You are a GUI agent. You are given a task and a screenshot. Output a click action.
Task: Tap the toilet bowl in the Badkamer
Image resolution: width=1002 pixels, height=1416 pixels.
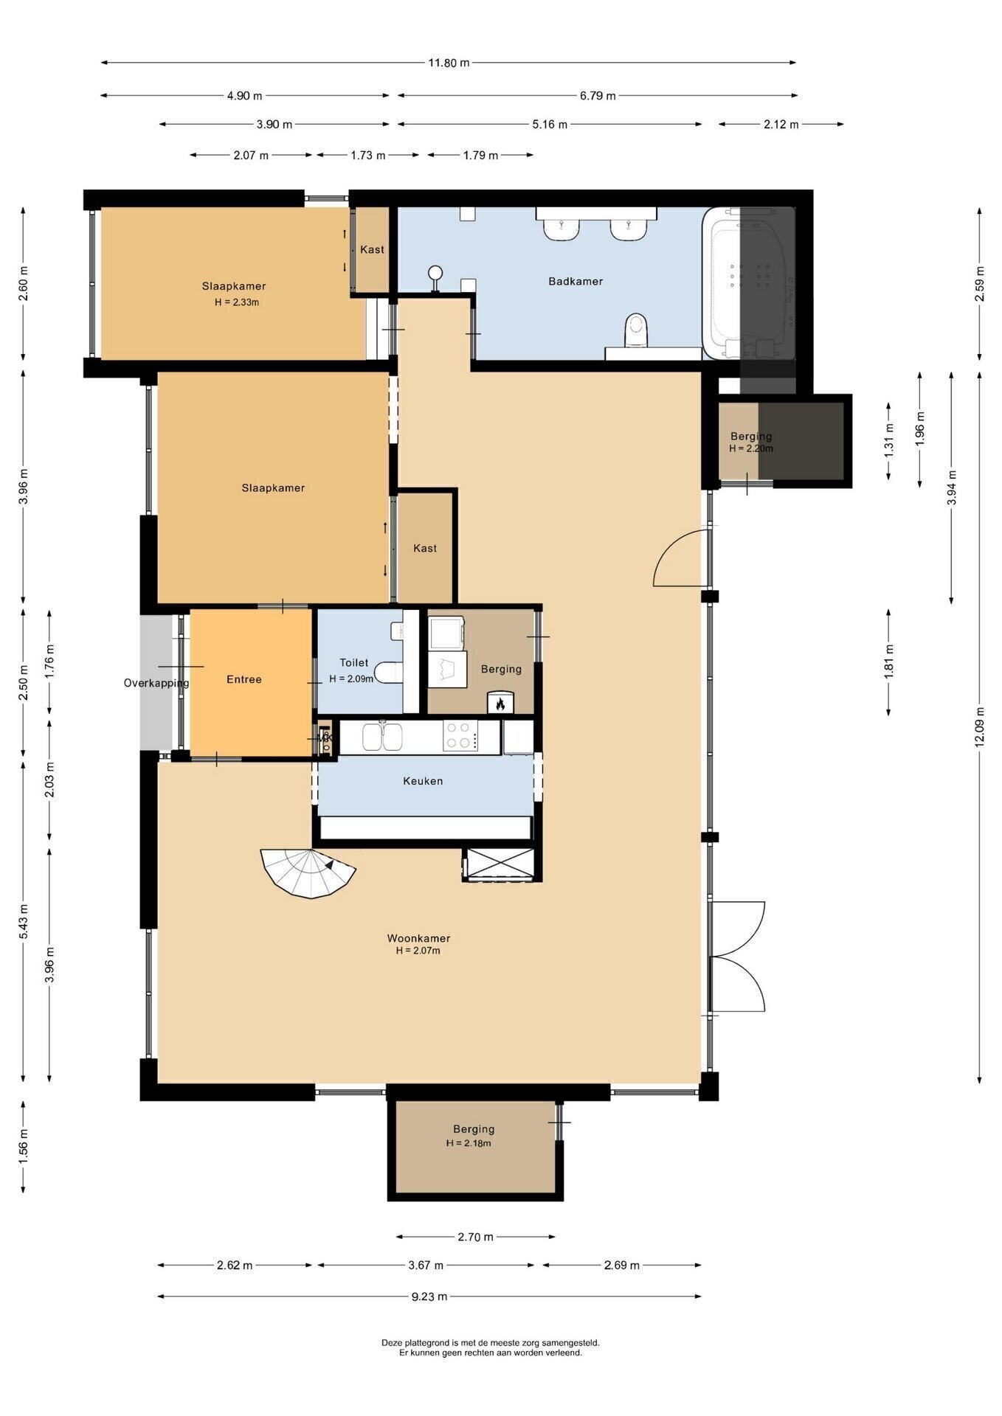(635, 331)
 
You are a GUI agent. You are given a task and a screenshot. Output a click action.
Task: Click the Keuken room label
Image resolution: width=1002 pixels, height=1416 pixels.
(423, 781)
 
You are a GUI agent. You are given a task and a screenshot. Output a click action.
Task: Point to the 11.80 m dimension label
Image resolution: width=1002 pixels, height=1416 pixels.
(449, 63)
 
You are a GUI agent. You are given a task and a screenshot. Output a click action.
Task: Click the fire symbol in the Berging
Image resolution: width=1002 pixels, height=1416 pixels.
(500, 704)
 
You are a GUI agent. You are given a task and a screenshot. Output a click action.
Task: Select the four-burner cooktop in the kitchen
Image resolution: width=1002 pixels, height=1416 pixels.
(460, 735)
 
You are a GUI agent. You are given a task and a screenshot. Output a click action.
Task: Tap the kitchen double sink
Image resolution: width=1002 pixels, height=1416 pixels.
(381, 736)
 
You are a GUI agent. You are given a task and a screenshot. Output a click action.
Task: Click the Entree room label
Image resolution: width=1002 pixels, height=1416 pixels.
(244, 679)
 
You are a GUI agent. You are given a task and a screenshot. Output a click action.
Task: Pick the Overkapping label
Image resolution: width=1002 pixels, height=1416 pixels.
(156, 683)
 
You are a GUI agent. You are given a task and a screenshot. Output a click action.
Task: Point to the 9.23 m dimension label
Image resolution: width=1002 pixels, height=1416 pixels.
(429, 1296)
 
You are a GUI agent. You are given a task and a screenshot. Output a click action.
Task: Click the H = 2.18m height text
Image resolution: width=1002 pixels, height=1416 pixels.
(469, 1143)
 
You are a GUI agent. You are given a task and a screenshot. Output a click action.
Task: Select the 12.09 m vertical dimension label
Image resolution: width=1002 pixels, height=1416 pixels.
(980, 726)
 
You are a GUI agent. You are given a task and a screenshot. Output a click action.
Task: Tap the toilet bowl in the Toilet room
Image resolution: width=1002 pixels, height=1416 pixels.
(388, 673)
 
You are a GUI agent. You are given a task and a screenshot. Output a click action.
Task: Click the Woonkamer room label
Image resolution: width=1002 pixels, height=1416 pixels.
(418, 938)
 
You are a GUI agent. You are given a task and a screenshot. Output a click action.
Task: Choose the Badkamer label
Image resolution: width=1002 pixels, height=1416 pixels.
(576, 281)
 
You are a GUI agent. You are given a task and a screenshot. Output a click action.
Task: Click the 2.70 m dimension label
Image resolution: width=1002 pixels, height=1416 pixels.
(475, 1237)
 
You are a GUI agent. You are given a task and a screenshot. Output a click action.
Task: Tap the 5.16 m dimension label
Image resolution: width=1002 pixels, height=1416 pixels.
(550, 125)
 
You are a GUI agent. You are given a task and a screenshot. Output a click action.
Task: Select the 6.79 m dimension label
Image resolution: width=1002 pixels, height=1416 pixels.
(598, 95)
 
